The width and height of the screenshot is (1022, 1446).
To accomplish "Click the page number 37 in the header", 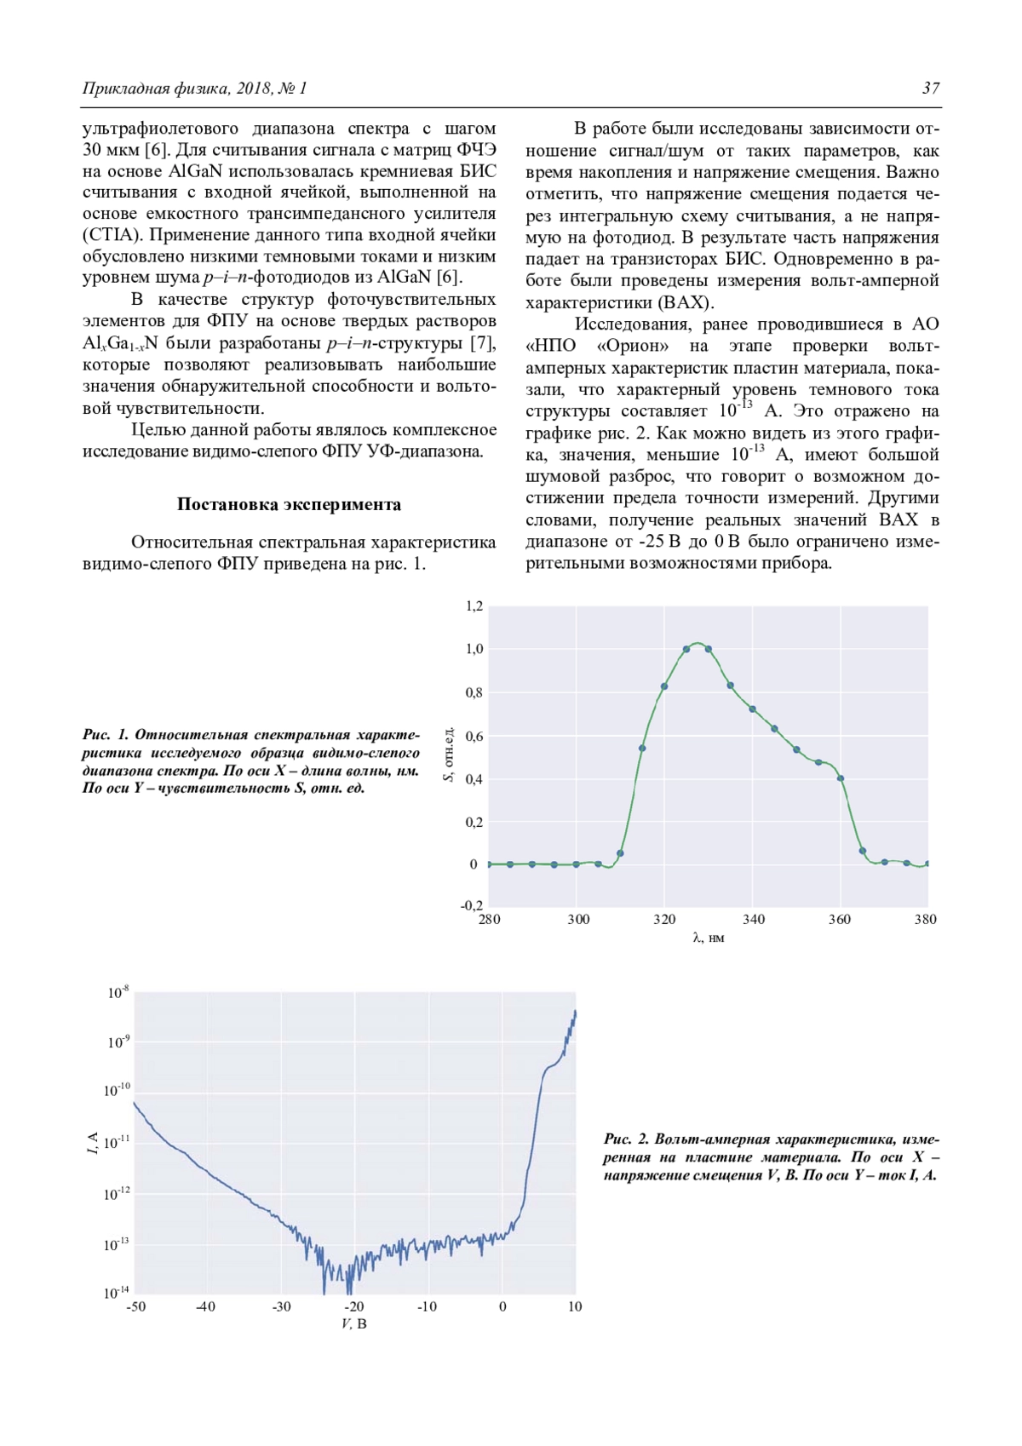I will tap(930, 88).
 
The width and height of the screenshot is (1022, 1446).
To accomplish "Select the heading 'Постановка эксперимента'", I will tap(289, 504).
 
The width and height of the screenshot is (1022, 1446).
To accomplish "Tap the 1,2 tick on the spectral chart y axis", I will tap(474, 606).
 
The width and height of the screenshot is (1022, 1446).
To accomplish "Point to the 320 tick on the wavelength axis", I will tap(664, 920).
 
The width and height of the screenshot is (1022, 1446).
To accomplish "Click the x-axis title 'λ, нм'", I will tap(709, 938).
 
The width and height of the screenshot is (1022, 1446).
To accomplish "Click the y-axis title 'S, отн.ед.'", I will tap(449, 755).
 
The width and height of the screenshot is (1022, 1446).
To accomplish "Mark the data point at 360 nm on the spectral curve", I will tap(841, 778).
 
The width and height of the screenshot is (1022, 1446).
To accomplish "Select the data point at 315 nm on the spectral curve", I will tap(642, 749).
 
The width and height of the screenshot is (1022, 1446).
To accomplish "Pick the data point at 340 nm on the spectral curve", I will tap(752, 709).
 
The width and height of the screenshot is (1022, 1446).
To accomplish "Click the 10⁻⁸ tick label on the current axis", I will tap(118, 993).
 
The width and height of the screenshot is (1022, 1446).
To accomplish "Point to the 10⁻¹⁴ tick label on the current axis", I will tap(117, 1293).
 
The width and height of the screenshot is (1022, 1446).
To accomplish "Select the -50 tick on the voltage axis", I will tap(135, 1307).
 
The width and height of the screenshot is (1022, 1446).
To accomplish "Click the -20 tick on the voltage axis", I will tap(354, 1307).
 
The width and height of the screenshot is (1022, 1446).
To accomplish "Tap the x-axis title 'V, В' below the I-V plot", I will tap(354, 1324).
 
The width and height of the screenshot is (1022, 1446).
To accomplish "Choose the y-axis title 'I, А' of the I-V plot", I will tap(92, 1143).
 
